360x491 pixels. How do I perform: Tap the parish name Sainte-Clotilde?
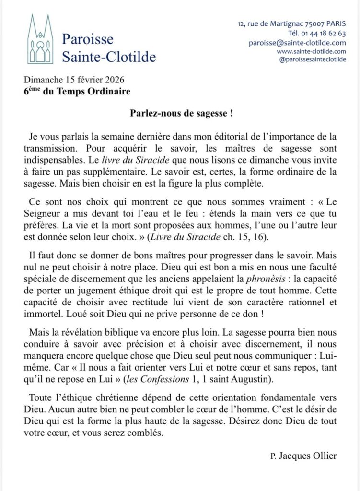109,57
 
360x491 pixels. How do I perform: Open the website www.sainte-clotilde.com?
312,51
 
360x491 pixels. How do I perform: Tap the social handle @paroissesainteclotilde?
312,59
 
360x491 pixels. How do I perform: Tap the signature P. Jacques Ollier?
303,456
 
